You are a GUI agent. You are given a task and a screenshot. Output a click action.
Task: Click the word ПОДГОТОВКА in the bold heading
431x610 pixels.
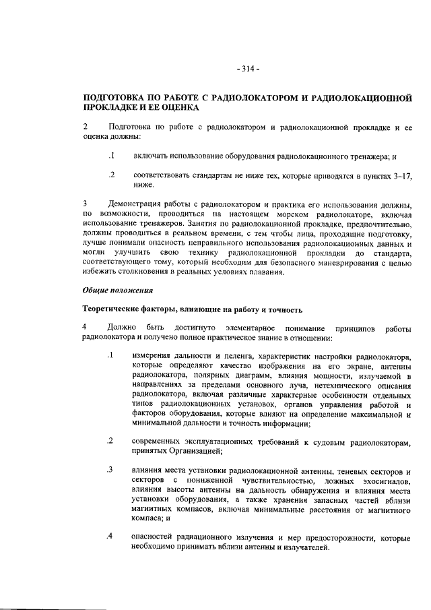coord(114,98)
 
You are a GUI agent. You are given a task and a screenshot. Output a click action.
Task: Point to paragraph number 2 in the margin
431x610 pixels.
coord(85,127)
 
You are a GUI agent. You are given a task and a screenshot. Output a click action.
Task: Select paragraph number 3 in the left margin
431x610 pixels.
coord(85,203)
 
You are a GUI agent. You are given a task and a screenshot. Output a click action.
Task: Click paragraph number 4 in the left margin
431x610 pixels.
coord(85,328)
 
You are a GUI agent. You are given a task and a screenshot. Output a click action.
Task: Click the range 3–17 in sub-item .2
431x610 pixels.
coord(401,175)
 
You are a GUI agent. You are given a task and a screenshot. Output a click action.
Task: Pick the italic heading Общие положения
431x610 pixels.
coord(118,291)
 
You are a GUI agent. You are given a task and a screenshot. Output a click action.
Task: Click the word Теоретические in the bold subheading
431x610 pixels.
coord(113,309)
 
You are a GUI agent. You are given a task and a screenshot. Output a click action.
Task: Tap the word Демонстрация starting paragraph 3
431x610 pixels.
coord(139,203)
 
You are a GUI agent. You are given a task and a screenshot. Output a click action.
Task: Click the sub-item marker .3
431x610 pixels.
coord(109,468)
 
